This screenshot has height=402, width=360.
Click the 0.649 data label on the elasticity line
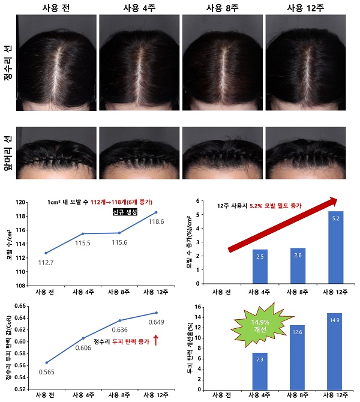coord(155,322)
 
